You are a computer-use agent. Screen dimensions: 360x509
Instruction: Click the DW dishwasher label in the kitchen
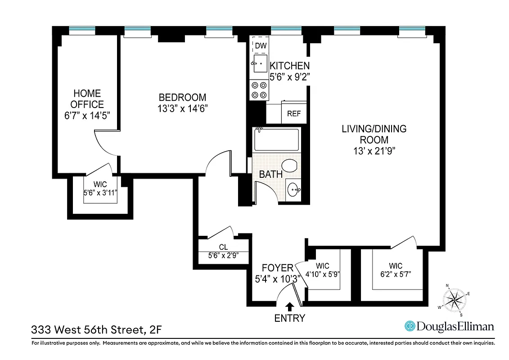click(260, 45)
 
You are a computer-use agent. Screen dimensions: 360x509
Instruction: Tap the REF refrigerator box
click(293, 113)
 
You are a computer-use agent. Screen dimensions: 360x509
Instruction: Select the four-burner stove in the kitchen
click(259, 90)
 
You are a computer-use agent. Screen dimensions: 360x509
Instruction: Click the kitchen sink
click(260, 65)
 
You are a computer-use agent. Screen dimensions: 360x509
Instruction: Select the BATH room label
click(270, 175)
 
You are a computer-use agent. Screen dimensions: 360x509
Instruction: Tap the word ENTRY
click(290, 318)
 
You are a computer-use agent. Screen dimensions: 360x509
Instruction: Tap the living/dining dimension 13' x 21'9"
click(374, 151)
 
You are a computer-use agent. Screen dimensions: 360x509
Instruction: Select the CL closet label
click(223, 247)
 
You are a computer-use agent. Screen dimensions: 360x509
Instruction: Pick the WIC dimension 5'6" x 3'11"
click(100, 193)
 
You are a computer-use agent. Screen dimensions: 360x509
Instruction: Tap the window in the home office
click(82, 30)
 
